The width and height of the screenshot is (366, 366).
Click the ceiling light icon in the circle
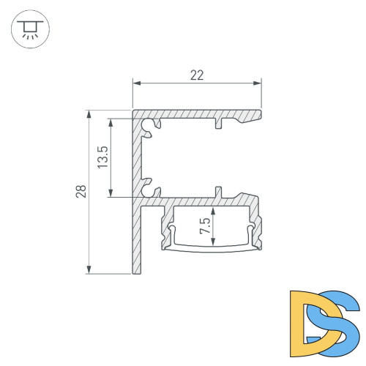29,29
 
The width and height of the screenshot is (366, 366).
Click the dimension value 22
196,74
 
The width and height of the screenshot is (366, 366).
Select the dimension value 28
81,192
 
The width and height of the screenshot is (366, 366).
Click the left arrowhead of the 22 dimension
135,83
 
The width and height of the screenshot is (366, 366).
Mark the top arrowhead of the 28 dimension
89,114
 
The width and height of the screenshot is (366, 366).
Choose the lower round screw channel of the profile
152,189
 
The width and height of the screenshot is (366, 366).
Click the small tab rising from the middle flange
217,192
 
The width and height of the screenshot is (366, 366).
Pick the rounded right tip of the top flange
260,113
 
